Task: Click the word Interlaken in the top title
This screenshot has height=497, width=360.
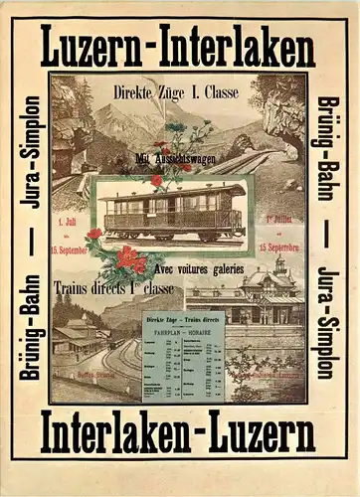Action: click(x=238, y=48)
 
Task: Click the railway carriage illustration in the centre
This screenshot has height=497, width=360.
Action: click(x=172, y=211)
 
